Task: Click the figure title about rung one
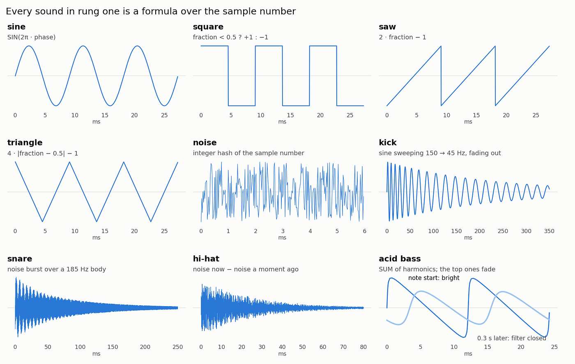(151, 11)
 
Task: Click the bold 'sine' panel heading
(16, 27)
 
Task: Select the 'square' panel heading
(208, 27)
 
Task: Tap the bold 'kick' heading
(388, 142)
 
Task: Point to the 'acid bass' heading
(400, 259)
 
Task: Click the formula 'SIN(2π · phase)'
(31, 37)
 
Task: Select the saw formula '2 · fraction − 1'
(402, 37)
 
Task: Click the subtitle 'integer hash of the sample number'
(248, 153)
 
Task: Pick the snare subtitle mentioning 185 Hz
(57, 269)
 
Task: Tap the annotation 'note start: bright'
(434, 278)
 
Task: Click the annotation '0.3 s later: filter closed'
(512, 338)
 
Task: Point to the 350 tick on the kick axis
(549, 231)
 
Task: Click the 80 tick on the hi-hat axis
(363, 347)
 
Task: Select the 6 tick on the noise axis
(365, 231)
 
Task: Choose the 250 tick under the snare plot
(177, 347)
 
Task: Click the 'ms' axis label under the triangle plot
(96, 238)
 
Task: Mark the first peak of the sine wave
(29, 46)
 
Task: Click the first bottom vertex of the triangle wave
(42, 222)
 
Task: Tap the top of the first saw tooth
(441, 46)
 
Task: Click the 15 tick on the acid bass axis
(487, 347)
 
